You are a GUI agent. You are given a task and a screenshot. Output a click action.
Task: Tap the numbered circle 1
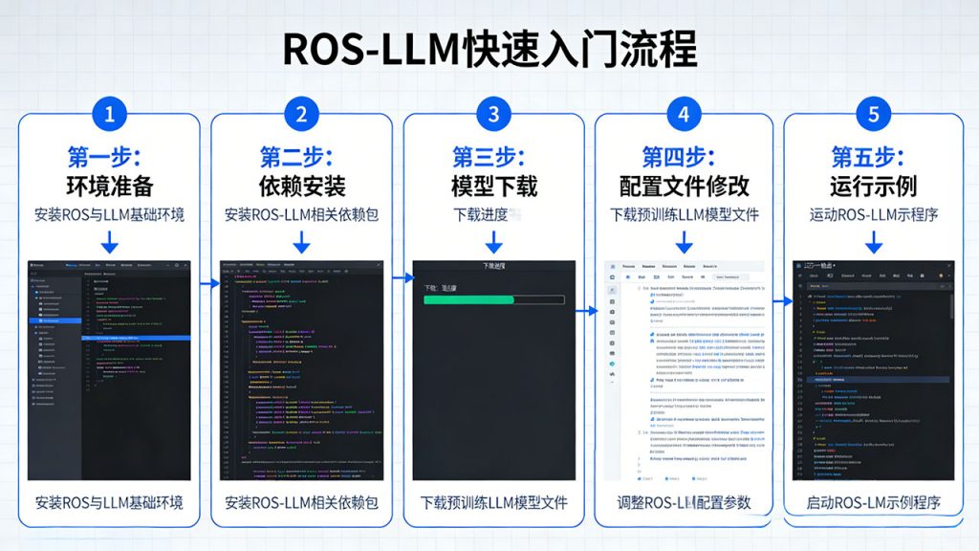(109, 115)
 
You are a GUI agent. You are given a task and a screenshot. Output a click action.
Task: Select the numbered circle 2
(301, 115)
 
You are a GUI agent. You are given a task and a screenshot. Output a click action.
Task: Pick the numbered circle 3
(493, 115)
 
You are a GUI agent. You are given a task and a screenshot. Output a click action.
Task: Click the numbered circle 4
(684, 115)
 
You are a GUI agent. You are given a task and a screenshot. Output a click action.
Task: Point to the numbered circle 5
(873, 115)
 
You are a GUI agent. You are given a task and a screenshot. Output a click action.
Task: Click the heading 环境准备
(109, 185)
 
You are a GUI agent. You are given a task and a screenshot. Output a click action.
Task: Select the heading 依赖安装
(301, 185)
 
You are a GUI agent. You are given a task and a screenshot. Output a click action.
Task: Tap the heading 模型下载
(493, 185)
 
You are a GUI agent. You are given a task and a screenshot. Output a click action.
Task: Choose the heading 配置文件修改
(684, 185)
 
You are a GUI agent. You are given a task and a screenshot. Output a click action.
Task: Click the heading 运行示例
(873, 185)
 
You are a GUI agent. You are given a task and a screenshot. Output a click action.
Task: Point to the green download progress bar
(469, 299)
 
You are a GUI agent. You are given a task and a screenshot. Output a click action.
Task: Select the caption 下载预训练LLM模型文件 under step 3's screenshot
(493, 502)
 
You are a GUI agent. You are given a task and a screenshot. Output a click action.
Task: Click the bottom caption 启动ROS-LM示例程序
(873, 502)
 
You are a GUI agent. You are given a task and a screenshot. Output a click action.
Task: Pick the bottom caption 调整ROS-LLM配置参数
(684, 502)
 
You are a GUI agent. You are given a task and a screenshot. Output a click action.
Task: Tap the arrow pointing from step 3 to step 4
(590, 310)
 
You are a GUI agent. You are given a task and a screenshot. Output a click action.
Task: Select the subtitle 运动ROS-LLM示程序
(873, 214)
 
